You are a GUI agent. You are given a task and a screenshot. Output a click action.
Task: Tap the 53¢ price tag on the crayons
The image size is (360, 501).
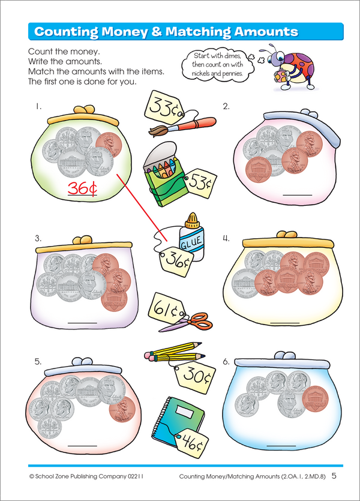pyautogui.click(x=197, y=181)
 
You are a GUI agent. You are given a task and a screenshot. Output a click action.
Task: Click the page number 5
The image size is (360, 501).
pyautogui.click(x=334, y=476)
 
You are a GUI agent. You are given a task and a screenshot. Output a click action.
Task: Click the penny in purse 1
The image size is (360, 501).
pyautogui.click(x=107, y=144)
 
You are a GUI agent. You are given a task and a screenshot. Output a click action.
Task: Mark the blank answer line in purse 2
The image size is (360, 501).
pyautogui.click(x=297, y=194)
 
